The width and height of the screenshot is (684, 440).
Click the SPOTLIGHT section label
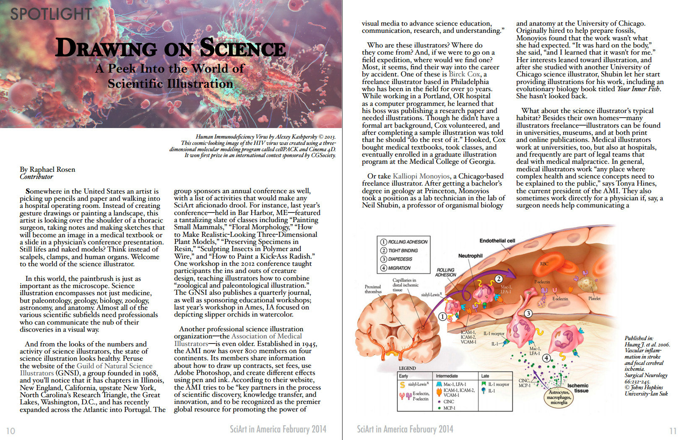[x=51, y=14]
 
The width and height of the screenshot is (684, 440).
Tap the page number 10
[x=10, y=431]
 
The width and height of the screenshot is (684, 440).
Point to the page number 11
[x=673, y=431]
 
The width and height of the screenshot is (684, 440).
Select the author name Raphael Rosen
[x=52, y=169]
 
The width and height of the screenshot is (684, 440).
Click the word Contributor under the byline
[x=36, y=177]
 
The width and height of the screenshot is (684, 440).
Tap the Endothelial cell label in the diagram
[x=497, y=241]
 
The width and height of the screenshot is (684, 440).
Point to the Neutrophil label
[x=470, y=256]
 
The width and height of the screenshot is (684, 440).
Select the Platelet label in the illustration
[x=594, y=299]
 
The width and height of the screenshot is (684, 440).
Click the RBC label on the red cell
[x=544, y=264]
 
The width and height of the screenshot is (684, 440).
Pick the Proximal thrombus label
[x=373, y=289]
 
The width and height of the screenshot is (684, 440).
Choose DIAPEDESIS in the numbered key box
[x=400, y=259]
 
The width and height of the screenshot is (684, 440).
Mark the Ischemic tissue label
[x=578, y=388]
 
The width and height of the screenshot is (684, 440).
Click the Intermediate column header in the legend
[x=447, y=376]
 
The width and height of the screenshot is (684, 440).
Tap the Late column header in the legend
[x=485, y=376]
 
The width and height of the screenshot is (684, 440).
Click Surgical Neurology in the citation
[x=646, y=375]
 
